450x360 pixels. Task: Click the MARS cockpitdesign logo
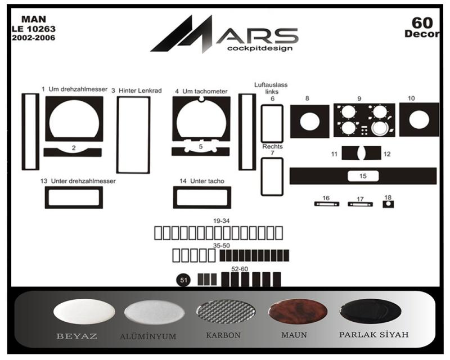(224, 34)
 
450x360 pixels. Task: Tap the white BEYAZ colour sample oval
(84, 311)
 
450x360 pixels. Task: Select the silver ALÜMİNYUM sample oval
(154, 312)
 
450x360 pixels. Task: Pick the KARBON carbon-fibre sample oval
(226, 312)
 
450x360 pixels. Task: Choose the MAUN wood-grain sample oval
(298, 312)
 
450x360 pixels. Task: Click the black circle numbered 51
(184, 280)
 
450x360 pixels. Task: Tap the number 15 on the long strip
(363, 176)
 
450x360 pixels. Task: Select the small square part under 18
(388, 204)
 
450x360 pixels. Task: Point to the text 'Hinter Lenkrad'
(140, 91)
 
